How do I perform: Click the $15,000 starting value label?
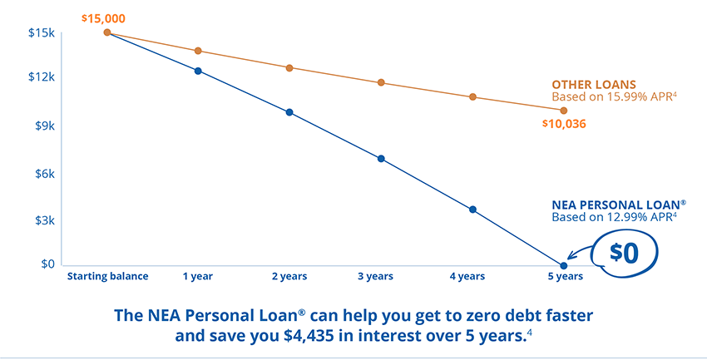tap(104, 17)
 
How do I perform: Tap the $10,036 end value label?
tap(562, 124)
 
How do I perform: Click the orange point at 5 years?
tap(564, 110)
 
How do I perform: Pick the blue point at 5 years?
tap(564, 265)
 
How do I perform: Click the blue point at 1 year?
tap(198, 71)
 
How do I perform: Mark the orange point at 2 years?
tap(289, 67)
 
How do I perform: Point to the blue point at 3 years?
tap(381, 158)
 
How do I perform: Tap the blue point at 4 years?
tap(472, 210)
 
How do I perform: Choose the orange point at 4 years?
tap(472, 96)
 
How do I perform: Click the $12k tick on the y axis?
tap(41, 77)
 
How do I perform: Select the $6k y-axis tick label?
tap(42, 174)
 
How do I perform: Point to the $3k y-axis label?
tap(42, 220)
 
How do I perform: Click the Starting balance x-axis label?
tap(107, 276)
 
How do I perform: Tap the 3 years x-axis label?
tap(375, 276)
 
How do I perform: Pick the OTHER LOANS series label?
tap(594, 84)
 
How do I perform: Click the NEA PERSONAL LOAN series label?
tap(619, 204)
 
